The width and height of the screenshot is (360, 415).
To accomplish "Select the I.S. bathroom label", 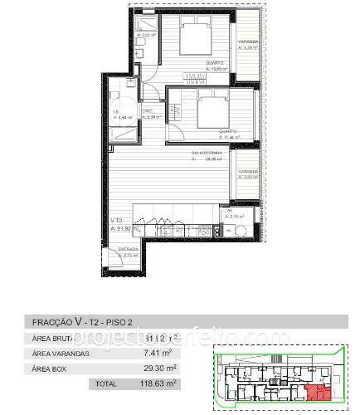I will tap(116, 114).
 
